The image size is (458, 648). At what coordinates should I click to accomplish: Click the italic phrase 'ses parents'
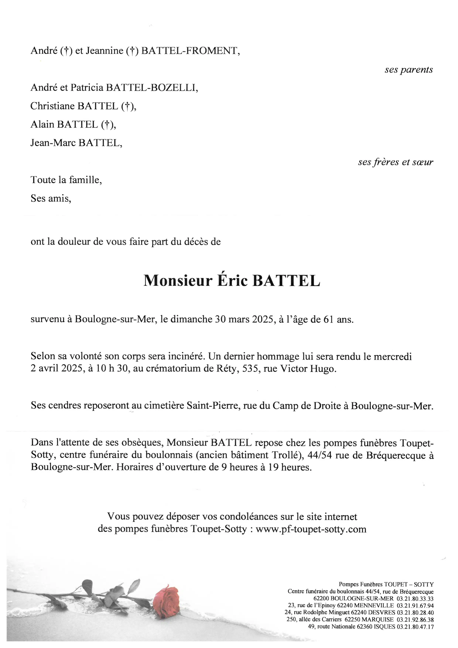point(409,70)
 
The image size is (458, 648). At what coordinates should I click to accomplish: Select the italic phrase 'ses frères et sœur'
point(395,162)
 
